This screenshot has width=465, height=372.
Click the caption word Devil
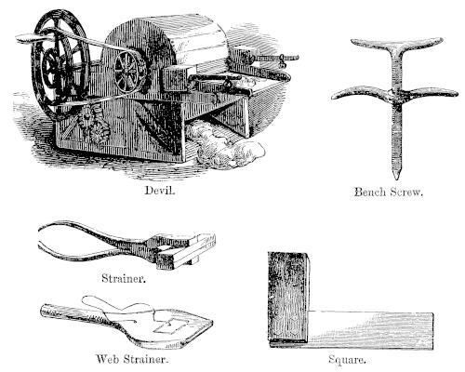click(x=160, y=191)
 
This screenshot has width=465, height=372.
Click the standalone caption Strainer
click(x=124, y=278)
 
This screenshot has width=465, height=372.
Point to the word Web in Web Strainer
click(x=108, y=359)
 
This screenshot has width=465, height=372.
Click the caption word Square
click(x=347, y=360)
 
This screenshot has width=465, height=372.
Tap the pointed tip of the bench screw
click(x=396, y=178)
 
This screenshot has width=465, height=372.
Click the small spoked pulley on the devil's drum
click(x=129, y=72)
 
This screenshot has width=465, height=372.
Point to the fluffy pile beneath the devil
click(x=225, y=147)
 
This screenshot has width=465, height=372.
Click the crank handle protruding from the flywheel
click(x=34, y=38)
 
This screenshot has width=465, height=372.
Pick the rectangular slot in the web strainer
click(x=170, y=326)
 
